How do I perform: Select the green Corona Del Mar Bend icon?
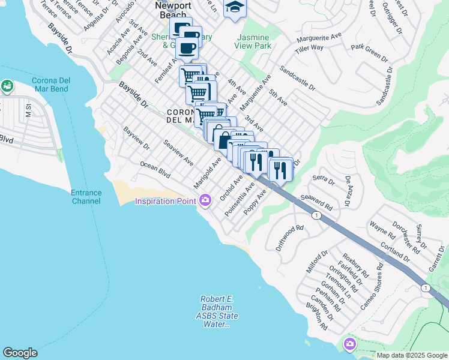7,87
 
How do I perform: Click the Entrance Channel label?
86,197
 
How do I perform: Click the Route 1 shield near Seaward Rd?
315,215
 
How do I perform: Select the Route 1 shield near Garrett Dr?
426,288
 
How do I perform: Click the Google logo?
20,353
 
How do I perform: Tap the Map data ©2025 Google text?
411,355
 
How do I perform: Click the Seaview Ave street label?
178,152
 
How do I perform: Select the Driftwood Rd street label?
290,238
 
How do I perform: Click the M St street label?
28,110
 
